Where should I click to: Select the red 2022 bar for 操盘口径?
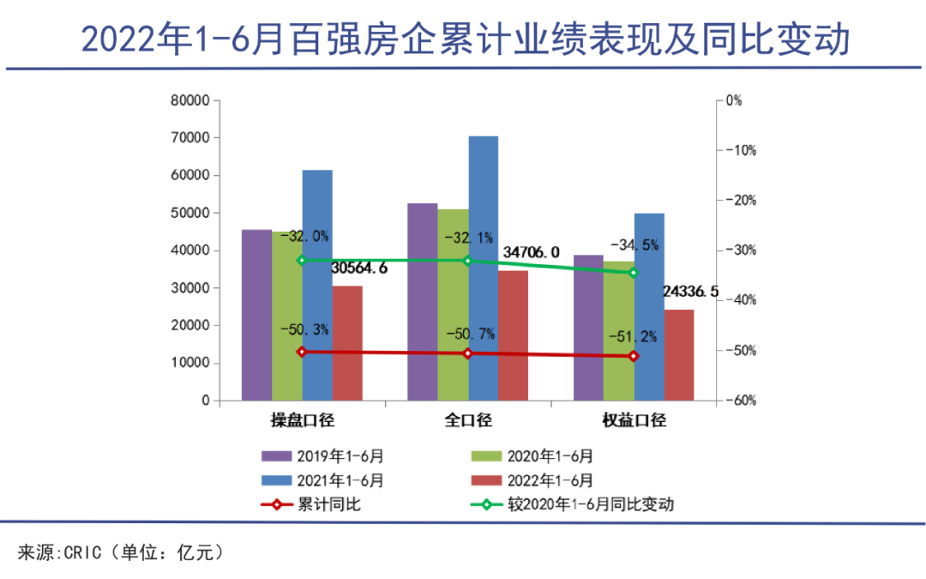347,343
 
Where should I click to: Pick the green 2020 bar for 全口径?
453,305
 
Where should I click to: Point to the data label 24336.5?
690,292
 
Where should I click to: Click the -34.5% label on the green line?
634,245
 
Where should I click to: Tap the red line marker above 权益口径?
634,356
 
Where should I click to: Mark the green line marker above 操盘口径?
302,260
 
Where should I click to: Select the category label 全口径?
468,420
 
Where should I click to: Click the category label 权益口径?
634,420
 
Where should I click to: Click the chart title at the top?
463,39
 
